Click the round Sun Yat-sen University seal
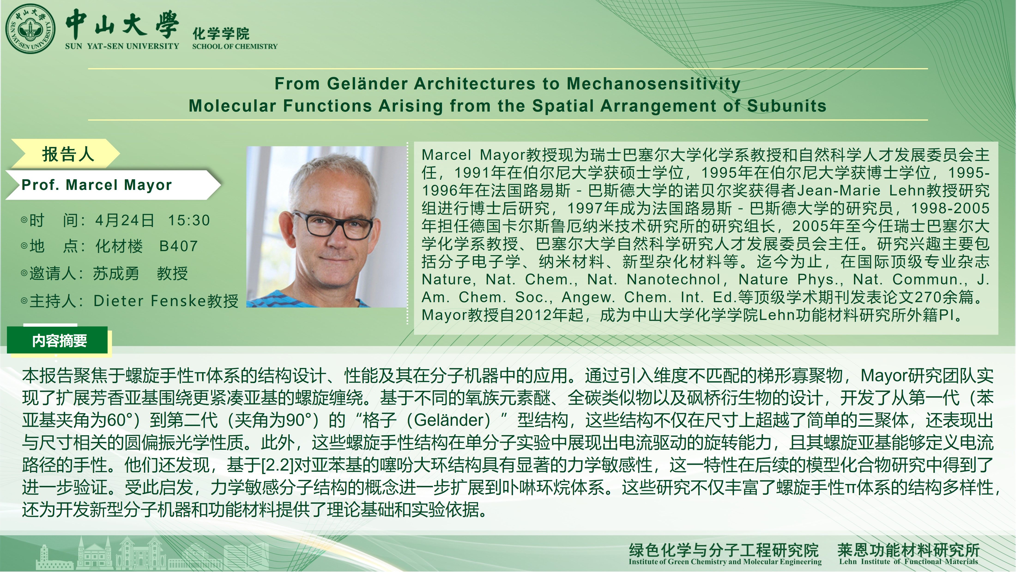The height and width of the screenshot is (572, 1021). coord(30,29)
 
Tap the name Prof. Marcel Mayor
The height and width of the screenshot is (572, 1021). coord(97,185)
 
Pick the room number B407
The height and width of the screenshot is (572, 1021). coord(178,246)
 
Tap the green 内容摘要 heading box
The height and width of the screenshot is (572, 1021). coord(57,340)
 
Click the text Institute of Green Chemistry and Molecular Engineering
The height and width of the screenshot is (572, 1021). coord(725,562)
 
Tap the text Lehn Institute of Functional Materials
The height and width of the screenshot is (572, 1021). coord(908,562)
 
